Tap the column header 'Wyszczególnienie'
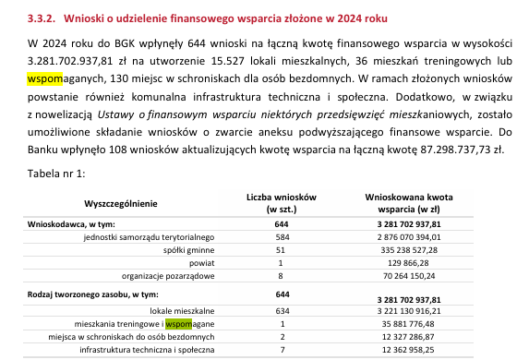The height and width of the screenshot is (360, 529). click(x=120, y=203)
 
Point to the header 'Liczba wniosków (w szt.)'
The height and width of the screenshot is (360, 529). click(x=282, y=202)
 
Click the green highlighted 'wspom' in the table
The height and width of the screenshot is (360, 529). click(x=178, y=324)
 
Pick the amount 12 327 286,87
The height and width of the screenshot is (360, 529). click(x=422, y=337)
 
